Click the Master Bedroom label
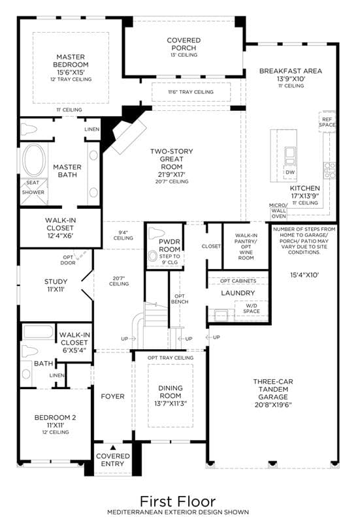[x=71, y=61]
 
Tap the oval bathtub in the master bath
[x=34, y=161]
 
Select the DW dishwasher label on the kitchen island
[x=290, y=172]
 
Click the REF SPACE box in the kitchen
[x=327, y=122]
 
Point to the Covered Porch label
[x=184, y=44]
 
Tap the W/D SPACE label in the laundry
[x=252, y=308]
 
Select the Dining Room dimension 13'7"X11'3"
[x=171, y=403]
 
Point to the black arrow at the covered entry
[x=113, y=448]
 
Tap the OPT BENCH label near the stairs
[x=180, y=299]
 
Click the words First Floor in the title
[x=178, y=501]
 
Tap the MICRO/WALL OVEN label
[x=278, y=211]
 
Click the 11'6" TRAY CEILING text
[x=191, y=92]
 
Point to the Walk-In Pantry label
[x=246, y=241]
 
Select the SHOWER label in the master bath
[x=33, y=192]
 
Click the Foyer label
[x=113, y=396]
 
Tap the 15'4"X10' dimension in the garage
[x=304, y=275]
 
